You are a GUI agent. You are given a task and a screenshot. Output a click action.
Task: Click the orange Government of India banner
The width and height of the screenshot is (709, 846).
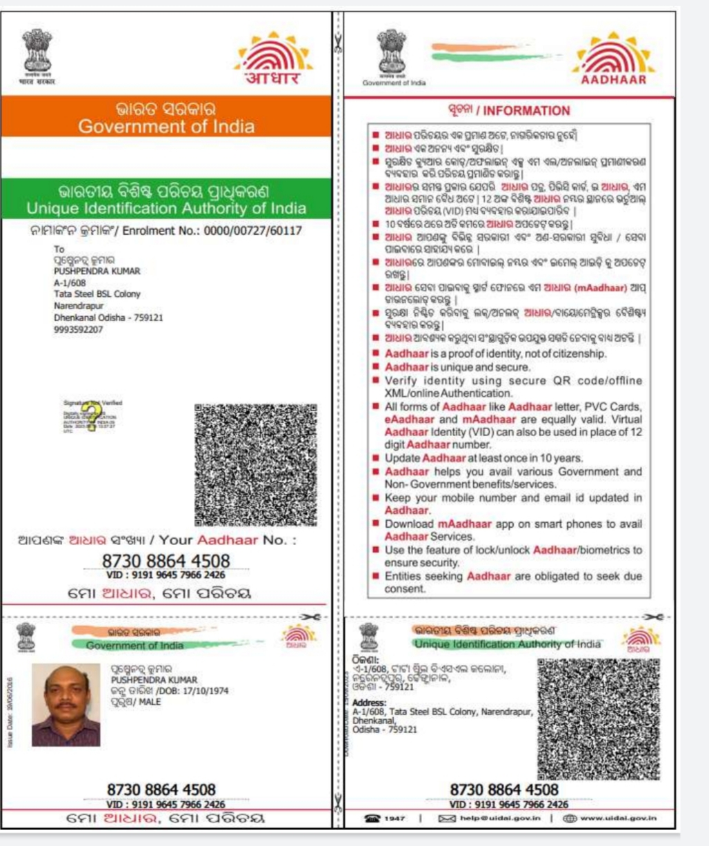click(x=166, y=117)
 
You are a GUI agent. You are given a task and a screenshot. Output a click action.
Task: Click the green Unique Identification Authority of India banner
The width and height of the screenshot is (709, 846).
click(x=166, y=199)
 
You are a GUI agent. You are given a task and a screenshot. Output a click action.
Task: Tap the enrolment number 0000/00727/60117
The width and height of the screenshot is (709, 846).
click(x=252, y=231)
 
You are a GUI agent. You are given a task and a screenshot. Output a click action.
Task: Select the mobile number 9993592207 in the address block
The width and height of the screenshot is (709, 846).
click(x=79, y=330)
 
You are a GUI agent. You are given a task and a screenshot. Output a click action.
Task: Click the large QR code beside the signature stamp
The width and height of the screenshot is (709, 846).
click(x=255, y=465)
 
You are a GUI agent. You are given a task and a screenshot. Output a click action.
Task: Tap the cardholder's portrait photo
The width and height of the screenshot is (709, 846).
click(x=66, y=705)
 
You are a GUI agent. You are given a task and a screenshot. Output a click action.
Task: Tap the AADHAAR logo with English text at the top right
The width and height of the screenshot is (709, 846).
click(x=612, y=61)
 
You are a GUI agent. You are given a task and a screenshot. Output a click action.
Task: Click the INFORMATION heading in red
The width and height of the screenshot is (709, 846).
click(x=526, y=111)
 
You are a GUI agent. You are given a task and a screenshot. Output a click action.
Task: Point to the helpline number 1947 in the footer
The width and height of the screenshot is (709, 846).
click(x=395, y=818)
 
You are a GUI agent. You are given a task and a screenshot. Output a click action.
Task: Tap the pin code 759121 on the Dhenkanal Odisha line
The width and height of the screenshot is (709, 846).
click(x=147, y=318)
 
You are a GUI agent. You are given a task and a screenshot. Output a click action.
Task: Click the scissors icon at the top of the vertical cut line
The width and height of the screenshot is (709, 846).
click(x=338, y=43)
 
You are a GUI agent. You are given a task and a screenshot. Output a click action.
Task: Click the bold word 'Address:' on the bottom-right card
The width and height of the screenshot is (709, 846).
click(x=368, y=703)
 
